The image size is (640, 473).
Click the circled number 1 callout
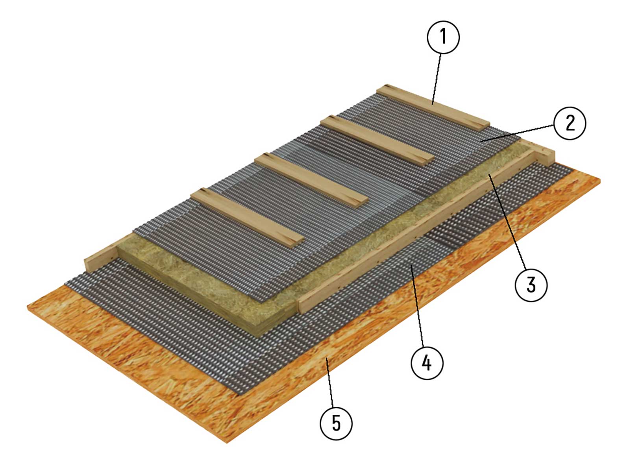coord(443,37)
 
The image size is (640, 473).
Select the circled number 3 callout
coord(531,285)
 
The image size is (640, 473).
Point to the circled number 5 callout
coord(336,424)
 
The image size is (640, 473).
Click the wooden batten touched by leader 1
coord(433,108)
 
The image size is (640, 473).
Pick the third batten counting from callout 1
coord(311,181)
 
